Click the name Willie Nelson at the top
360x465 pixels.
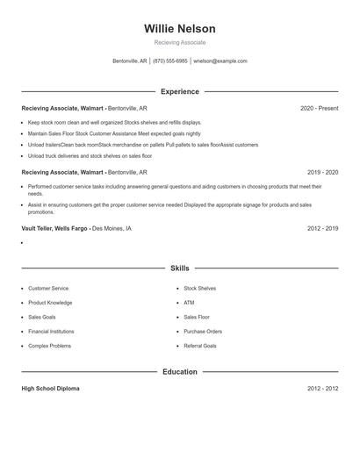coord(180,29)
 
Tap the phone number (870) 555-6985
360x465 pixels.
coord(169,61)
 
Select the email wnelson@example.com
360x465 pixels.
coord(220,61)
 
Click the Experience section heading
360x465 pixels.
coord(180,91)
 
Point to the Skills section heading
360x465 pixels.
coord(180,268)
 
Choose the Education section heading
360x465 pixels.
coord(180,372)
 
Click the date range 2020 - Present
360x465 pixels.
coord(319,108)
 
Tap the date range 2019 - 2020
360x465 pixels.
coord(322,173)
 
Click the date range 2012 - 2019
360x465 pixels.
coord(322,228)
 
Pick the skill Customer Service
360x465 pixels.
coord(47,289)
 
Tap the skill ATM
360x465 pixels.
coord(189,303)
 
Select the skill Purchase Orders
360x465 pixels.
coord(203,332)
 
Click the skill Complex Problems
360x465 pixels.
coord(49,347)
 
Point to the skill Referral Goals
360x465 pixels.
coord(200,347)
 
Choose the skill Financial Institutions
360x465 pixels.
coord(51,332)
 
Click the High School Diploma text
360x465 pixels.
coord(50,389)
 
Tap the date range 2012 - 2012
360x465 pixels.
coord(322,389)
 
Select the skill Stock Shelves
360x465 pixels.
coord(199,289)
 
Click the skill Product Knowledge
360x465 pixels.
coord(49,303)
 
